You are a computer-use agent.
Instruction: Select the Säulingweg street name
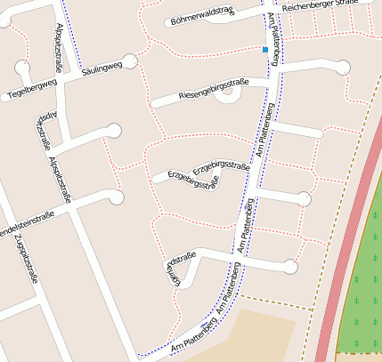[100, 68]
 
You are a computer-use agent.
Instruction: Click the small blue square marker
[264, 50]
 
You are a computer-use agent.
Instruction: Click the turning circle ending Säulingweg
[130, 60]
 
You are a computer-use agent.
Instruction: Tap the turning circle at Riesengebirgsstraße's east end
[342, 65]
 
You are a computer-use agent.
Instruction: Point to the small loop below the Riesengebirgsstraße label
[224, 97]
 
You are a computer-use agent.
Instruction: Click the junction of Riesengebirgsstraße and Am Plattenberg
[270, 82]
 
